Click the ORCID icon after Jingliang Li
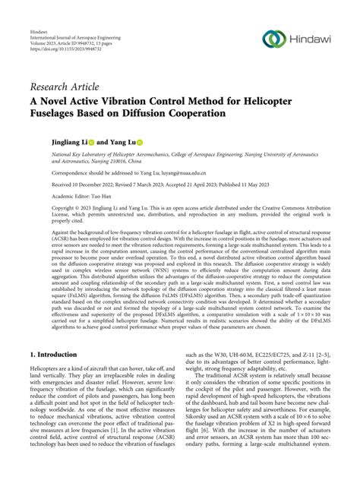click(91, 142)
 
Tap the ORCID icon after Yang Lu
click(140, 142)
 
